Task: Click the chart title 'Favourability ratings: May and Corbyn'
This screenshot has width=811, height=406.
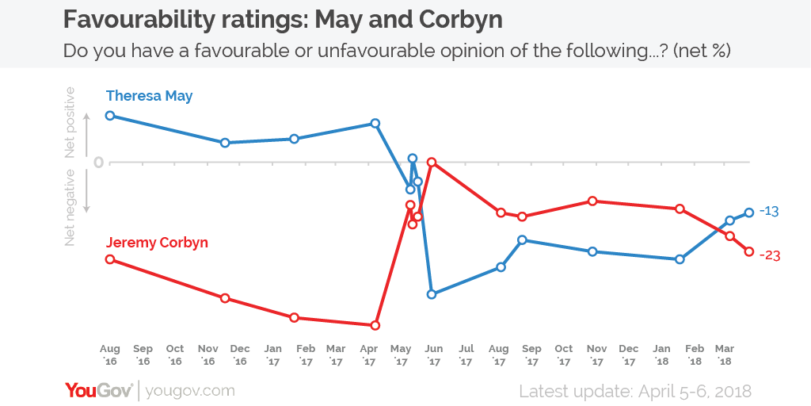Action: [x=282, y=18]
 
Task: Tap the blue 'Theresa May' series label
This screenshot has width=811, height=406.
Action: [x=149, y=96]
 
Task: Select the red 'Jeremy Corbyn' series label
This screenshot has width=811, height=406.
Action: [x=157, y=243]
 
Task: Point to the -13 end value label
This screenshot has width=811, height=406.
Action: [x=770, y=211]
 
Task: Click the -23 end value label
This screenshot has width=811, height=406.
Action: [x=770, y=255]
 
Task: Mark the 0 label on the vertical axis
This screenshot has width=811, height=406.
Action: [x=98, y=163]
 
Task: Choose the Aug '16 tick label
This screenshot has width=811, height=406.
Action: [x=110, y=354]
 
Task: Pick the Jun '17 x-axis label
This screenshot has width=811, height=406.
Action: [x=432, y=354]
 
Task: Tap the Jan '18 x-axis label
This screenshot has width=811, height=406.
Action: [x=661, y=354]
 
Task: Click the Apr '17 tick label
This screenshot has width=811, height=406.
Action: [x=368, y=354]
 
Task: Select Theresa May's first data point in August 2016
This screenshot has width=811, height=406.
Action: [x=110, y=116]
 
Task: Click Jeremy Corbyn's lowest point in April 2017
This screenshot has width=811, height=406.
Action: [x=375, y=325]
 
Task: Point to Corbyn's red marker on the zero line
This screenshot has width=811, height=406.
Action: [x=432, y=162]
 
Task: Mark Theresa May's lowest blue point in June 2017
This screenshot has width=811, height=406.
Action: [x=432, y=294]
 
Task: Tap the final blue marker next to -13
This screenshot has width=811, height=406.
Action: [x=749, y=212]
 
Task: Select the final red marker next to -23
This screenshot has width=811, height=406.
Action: [x=749, y=252]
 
